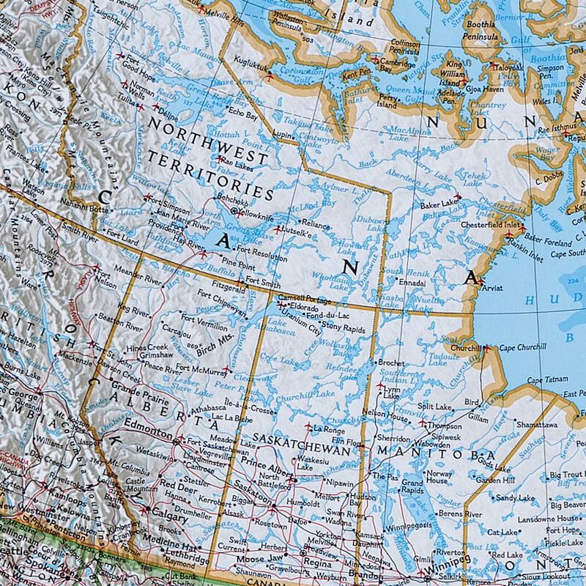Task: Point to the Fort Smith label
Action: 263,281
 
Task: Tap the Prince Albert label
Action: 262,466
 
